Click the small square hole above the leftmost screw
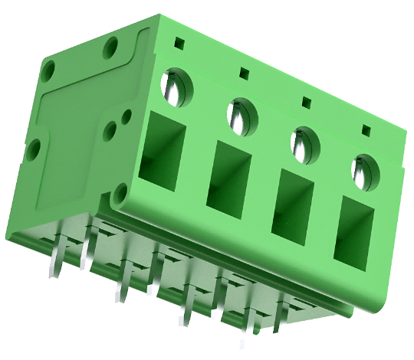pyautogui.click(x=179, y=43)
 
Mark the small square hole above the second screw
pyautogui.click(x=245, y=74)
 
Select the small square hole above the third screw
pyautogui.click(x=307, y=102)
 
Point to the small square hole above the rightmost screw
pyautogui.click(x=366, y=129)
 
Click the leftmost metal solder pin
pyautogui.click(x=56, y=263)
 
